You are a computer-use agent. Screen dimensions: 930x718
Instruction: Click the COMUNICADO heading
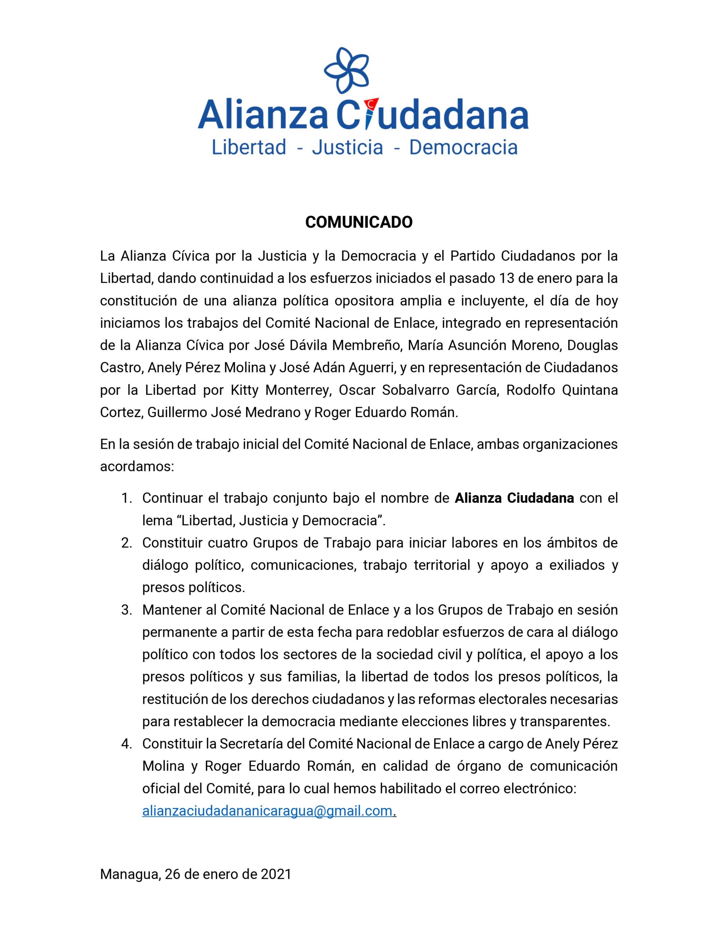(359, 222)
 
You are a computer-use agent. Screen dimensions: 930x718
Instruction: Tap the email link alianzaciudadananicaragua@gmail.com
(267, 811)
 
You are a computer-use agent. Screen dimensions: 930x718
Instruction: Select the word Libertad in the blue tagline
(249, 148)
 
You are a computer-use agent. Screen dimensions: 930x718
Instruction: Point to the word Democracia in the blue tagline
(464, 148)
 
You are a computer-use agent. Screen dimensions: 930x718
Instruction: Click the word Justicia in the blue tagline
(347, 148)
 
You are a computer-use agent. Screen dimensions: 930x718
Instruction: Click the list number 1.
(126, 498)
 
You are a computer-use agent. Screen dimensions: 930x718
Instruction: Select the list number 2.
(126, 543)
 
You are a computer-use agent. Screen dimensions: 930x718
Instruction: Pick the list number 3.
(126, 610)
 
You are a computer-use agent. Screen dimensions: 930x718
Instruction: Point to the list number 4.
(126, 744)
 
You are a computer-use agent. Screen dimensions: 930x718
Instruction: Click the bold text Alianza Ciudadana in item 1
(514, 498)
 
